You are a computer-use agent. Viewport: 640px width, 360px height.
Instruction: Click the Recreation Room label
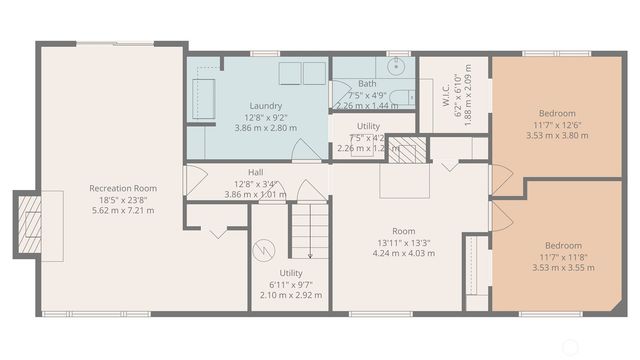click(x=123, y=188)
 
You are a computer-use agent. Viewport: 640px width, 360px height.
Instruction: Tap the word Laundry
click(x=265, y=105)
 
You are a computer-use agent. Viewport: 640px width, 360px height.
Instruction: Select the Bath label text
click(x=368, y=83)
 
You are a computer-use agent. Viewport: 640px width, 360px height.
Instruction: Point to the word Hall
click(x=255, y=171)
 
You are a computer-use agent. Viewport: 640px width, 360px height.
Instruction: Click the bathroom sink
click(x=397, y=67)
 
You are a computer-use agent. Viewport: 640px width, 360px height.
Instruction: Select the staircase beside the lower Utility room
click(x=309, y=230)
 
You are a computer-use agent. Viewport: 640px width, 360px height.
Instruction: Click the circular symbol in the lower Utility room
click(x=265, y=249)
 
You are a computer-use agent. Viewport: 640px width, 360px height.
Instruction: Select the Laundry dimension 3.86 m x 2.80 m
click(x=265, y=129)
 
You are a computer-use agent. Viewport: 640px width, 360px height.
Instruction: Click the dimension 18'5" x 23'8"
click(x=123, y=199)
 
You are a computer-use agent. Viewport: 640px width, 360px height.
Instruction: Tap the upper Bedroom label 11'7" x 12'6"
click(x=556, y=124)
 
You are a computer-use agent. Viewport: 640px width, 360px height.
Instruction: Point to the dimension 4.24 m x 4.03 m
click(x=403, y=253)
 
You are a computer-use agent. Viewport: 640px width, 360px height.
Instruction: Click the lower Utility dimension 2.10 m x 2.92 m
click(x=291, y=296)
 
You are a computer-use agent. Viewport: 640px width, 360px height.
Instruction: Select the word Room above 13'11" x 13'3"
click(x=403, y=230)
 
